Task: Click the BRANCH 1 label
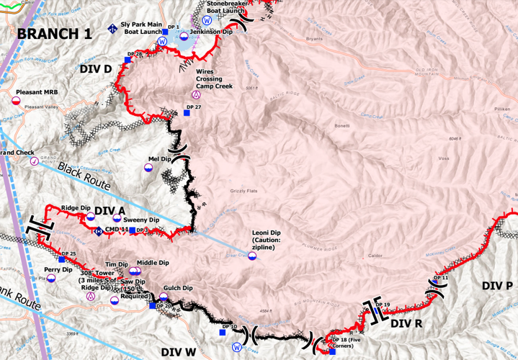click(55, 34)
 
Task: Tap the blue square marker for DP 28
click(127, 60)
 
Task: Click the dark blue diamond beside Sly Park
click(112, 29)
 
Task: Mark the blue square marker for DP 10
click(223, 333)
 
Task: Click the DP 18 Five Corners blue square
click(331, 351)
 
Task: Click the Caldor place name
click(375, 256)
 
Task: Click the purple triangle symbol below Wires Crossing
click(195, 94)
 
